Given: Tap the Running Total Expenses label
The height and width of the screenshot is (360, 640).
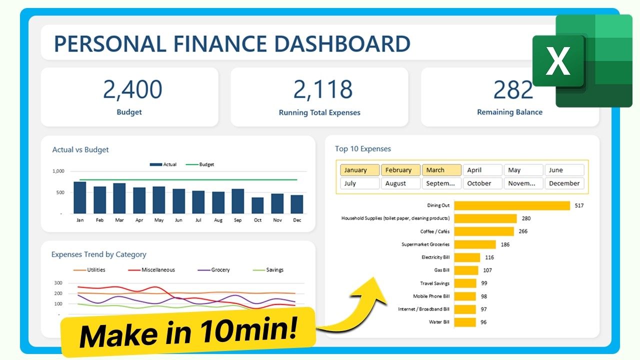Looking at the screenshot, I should (319, 112).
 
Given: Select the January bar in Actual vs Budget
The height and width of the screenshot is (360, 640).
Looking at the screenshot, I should (80, 197).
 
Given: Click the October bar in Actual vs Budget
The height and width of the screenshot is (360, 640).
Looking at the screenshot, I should (257, 205).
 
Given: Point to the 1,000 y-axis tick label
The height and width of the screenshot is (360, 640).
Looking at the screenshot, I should (58, 171).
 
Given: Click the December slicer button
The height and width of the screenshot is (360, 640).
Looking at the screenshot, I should (564, 183).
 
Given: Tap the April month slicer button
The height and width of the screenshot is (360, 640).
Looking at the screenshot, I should (482, 170).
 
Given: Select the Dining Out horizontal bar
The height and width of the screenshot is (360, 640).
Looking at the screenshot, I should (512, 205).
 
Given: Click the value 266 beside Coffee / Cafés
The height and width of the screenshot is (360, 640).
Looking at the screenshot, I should (523, 231).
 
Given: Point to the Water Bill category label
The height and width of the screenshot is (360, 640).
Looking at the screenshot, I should (439, 322).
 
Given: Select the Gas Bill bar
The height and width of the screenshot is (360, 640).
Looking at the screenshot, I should (466, 270).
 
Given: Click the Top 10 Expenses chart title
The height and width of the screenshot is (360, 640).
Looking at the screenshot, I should (363, 148).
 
